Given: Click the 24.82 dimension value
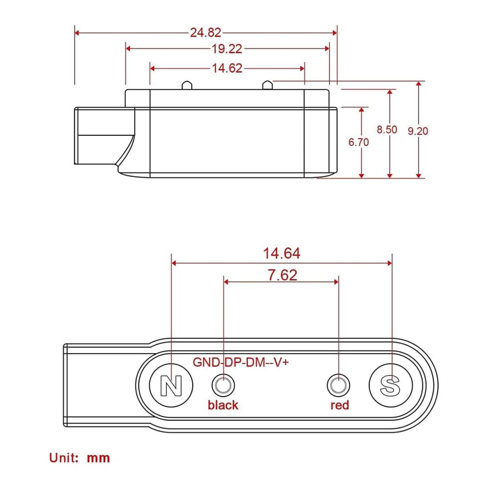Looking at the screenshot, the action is pos(205,33).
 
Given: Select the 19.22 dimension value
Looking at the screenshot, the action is pos(227,49).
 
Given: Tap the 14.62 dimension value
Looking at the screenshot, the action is pos(227,68).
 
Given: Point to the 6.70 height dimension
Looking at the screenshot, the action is pos(359,142).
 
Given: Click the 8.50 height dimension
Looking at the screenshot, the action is pos(387,129).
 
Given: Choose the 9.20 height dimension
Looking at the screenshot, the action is pos(418,131).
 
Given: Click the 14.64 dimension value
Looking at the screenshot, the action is pos(282,253).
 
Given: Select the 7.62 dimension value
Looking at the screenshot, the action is pos(282,275).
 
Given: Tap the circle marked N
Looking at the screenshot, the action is pos(171,386).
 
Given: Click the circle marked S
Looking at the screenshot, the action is pos(390,386).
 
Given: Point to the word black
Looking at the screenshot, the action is pos(223,405).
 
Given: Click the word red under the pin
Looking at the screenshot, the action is pos(340,405).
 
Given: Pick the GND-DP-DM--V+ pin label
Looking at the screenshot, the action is pos(241,362).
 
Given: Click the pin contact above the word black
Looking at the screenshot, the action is pos(223,386).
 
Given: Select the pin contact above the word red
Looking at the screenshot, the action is pos(338,386).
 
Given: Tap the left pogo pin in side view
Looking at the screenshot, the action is pos(187,85).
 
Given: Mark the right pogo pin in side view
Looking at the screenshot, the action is pos(267,85).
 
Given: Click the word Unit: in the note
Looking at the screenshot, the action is pos(64,458).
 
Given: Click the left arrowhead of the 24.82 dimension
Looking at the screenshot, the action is pos(77,33).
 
